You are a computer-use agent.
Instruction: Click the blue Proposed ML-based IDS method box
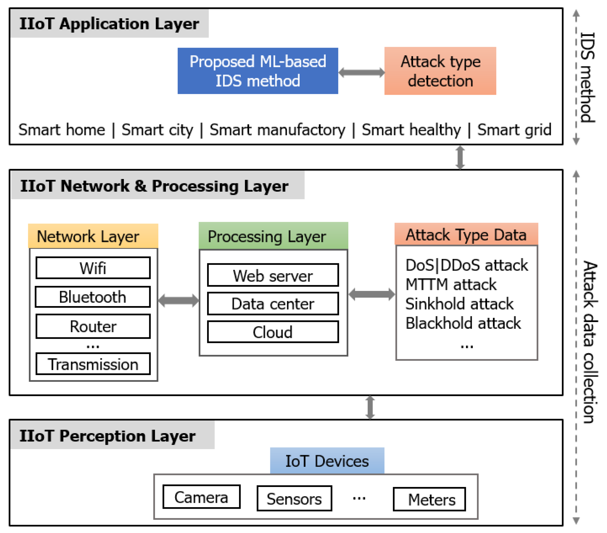[x=258, y=71]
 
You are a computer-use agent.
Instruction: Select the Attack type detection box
[x=440, y=71]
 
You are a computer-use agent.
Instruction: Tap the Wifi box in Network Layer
[x=93, y=268]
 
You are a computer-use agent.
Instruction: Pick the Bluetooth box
[x=93, y=297]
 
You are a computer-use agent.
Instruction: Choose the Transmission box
[x=93, y=364]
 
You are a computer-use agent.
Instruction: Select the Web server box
[x=273, y=275]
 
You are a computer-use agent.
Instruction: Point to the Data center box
[x=273, y=303]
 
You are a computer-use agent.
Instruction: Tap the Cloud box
[x=273, y=332]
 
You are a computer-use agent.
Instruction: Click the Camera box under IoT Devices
[x=201, y=497]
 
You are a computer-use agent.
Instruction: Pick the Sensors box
[x=294, y=498]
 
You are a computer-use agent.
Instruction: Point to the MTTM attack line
[x=451, y=285]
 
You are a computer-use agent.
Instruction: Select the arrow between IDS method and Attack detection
[x=361, y=72]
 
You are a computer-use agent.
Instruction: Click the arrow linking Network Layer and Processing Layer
[x=179, y=300]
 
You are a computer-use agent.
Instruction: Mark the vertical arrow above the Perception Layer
[x=370, y=407]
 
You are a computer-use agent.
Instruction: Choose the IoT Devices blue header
[x=327, y=461]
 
